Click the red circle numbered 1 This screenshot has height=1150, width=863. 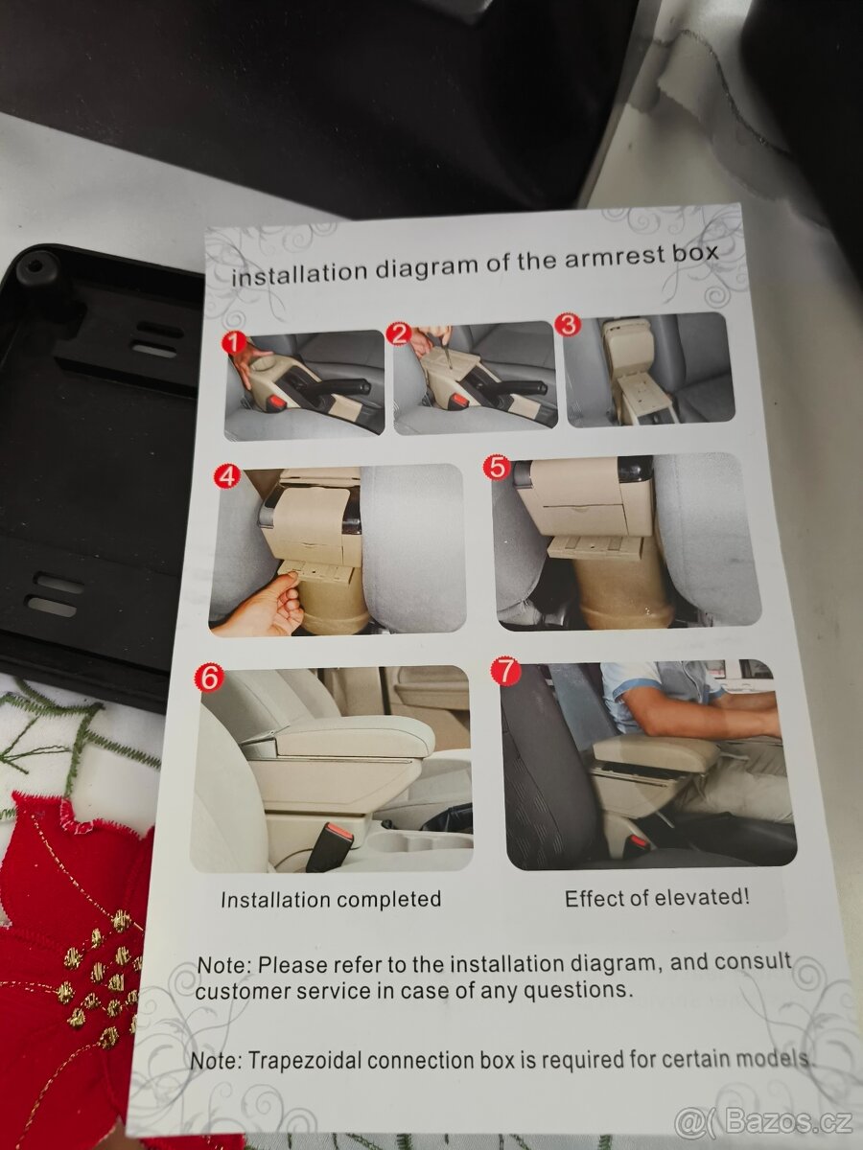coord(235,344)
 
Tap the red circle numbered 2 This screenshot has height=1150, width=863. coord(400,333)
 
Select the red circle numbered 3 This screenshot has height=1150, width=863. coord(570,324)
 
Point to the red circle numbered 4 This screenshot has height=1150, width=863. coord(227,476)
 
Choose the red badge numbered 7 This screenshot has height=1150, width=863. coord(505,671)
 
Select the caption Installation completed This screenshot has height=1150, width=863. coord(331,899)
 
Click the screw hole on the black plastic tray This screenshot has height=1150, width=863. coord(34,265)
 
